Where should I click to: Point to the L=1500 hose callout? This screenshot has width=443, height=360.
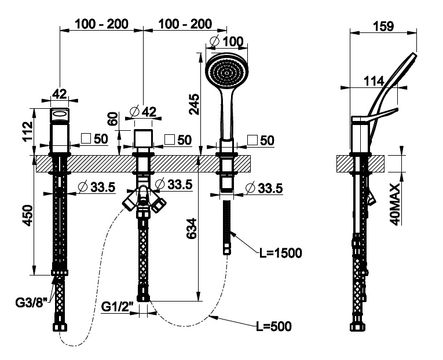click(281, 252)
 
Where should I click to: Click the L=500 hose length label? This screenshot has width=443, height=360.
click(273, 326)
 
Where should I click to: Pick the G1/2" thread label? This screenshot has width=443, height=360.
click(118, 305)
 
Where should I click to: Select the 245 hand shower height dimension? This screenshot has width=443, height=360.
click(195, 104)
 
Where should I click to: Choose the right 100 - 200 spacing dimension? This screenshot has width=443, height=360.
click(184, 24)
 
